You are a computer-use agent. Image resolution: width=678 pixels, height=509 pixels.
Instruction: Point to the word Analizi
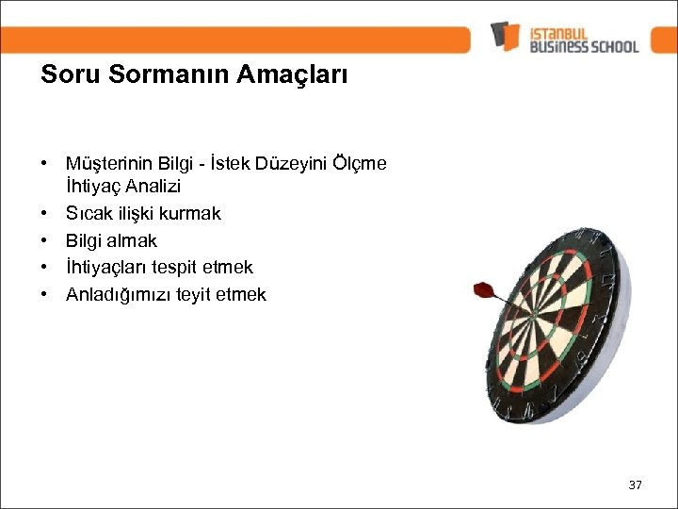[x=151, y=187]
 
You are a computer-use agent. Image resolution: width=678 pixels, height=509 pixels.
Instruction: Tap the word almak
[x=133, y=240]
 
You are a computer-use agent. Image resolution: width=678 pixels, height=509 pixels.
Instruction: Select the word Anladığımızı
[x=120, y=295]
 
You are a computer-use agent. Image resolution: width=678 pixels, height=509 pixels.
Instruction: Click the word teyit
[x=196, y=295]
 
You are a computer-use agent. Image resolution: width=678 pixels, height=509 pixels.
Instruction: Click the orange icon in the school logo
[x=505, y=36]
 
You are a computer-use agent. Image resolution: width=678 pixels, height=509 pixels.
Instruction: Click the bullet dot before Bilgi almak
[x=45, y=240]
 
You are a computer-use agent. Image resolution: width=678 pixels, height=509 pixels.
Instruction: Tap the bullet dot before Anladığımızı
[x=45, y=295]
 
